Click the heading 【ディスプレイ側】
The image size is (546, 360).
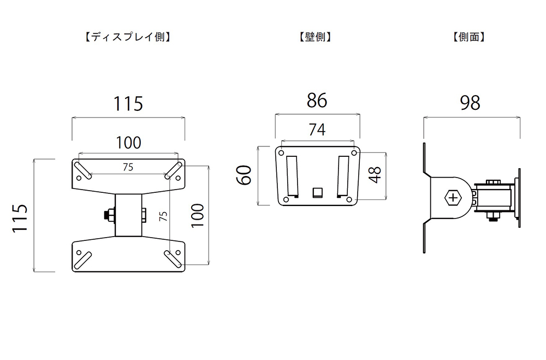pos(128,37)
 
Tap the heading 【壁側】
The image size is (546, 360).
pos(315,37)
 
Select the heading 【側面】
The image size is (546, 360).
pos(469,37)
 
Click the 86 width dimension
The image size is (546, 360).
pos(317,101)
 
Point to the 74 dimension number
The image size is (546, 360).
pos(317,129)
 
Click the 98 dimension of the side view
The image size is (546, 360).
pos(470,103)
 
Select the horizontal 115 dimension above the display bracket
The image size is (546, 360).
pos(128,104)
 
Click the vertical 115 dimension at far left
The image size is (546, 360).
pos(20,218)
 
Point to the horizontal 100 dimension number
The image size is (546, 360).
pos(128,143)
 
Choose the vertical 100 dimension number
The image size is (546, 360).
pos(198,215)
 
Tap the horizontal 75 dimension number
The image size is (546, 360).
pos(128,167)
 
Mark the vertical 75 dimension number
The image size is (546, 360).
pos(163,216)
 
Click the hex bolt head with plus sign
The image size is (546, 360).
pos(453,198)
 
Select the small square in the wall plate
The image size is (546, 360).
pos(317,192)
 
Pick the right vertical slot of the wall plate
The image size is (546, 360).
pos(343,176)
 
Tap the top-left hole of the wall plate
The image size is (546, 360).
pos(281,152)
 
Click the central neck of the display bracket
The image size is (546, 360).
pos(128,215)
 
